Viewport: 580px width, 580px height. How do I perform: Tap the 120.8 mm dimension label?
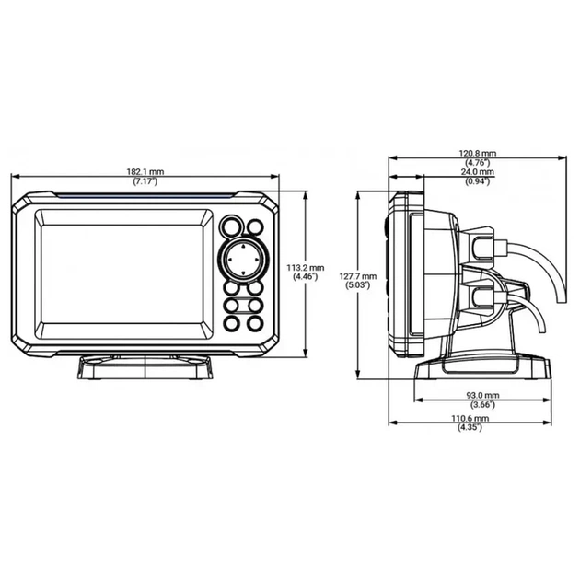coord(478,153)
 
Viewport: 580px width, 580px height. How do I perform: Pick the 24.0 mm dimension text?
coord(478,172)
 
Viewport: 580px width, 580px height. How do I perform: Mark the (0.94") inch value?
coord(478,181)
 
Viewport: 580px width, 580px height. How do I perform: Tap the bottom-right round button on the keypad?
coord(251,324)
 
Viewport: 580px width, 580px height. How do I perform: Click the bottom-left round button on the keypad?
coord(231,324)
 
